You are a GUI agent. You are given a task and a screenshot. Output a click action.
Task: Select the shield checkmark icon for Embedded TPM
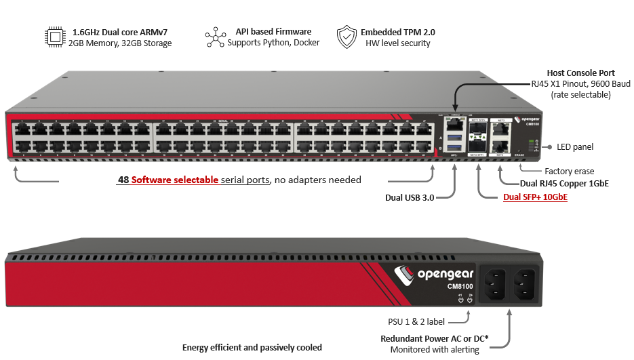click(x=346, y=37)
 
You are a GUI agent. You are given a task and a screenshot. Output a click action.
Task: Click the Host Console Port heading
click(x=581, y=73)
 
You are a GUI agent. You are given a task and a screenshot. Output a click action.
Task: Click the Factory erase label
click(x=568, y=172)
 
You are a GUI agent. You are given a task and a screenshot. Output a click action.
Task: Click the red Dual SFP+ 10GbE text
click(x=535, y=197)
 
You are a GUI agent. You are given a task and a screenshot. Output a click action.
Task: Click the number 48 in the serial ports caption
click(x=123, y=180)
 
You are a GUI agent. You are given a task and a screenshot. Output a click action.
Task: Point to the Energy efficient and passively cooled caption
click(x=252, y=348)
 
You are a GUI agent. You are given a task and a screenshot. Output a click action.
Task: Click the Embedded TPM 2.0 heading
click(x=398, y=32)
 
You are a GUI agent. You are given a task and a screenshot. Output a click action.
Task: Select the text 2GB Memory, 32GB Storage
click(x=120, y=43)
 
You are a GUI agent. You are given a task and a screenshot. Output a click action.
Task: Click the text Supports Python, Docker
click(x=273, y=43)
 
